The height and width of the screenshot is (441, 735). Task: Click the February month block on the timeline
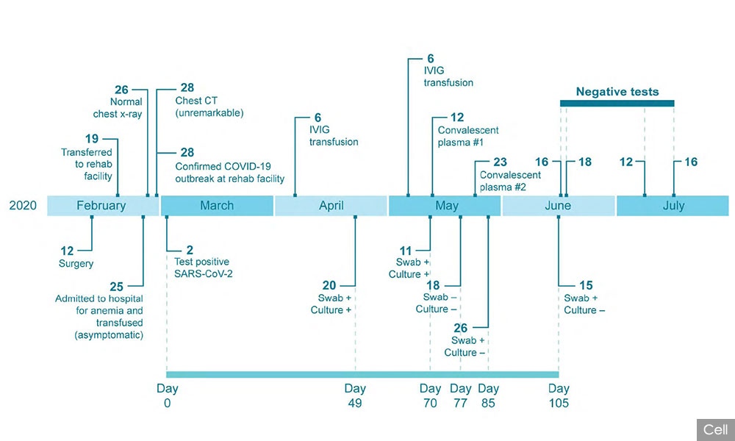[104, 206]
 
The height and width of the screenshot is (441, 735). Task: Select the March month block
[217, 206]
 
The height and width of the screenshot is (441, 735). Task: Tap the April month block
[331, 206]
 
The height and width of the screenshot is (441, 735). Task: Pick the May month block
[445, 206]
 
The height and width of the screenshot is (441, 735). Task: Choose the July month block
[673, 206]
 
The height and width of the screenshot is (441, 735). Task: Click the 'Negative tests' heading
[617, 92]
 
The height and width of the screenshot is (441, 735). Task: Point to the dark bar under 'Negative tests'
[617, 103]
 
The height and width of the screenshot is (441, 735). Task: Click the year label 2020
[23, 205]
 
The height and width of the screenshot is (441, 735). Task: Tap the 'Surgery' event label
[76, 263]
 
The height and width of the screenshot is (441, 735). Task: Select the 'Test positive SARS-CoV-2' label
[204, 268]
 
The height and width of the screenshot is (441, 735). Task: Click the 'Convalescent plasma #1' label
[467, 136]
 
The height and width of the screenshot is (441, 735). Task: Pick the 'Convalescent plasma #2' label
[510, 181]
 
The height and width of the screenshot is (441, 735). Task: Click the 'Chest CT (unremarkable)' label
[209, 107]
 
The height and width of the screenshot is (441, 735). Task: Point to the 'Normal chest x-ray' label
[118, 108]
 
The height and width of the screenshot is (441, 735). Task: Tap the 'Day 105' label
[559, 395]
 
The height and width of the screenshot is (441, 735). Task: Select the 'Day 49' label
[355, 395]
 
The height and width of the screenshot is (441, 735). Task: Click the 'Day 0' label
[168, 395]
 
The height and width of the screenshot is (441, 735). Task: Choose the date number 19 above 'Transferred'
[92, 139]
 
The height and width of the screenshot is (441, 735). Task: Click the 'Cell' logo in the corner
[716, 430]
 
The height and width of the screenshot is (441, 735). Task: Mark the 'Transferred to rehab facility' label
[87, 164]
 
